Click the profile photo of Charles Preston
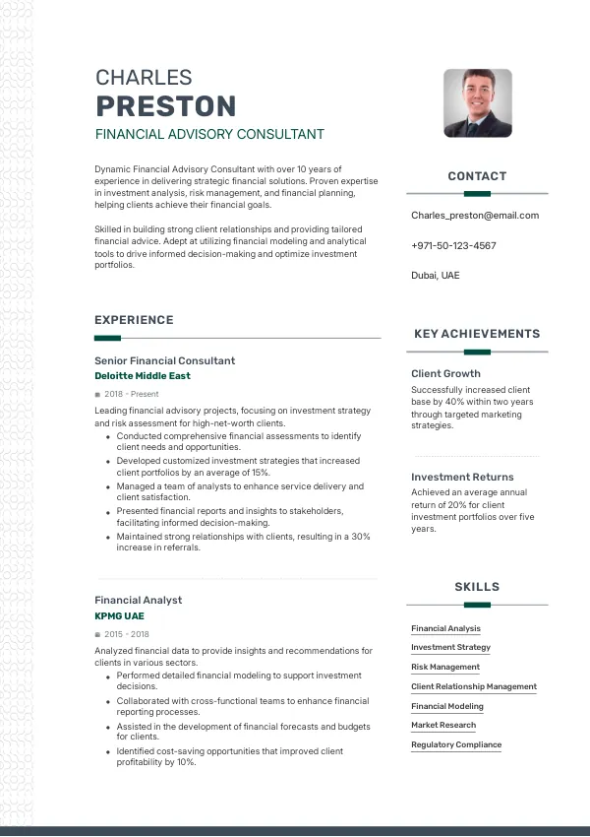click(x=478, y=102)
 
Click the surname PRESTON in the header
click(x=165, y=106)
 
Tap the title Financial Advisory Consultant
click(x=208, y=134)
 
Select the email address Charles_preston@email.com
click(x=475, y=216)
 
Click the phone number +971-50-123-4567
click(x=453, y=245)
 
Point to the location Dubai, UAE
click(x=436, y=276)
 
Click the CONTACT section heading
click(x=477, y=176)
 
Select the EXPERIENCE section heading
click(x=134, y=320)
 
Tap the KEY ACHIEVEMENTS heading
click(x=477, y=334)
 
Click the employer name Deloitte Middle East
click(x=143, y=376)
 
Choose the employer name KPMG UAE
click(x=119, y=615)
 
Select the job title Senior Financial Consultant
click(x=164, y=360)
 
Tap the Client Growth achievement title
click(x=445, y=373)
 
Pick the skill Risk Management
click(x=445, y=667)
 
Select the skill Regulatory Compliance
click(x=456, y=744)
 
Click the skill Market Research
click(x=443, y=725)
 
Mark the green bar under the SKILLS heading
click(x=477, y=605)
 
